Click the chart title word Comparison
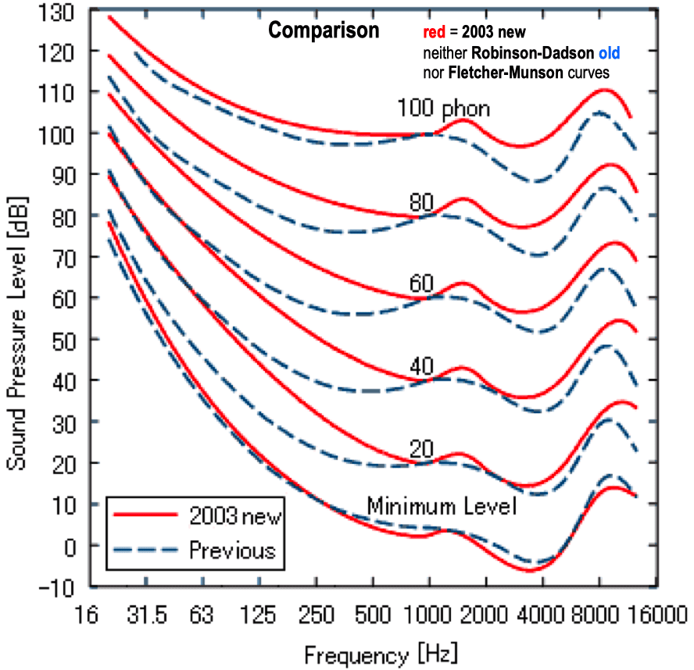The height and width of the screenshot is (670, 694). click(x=324, y=31)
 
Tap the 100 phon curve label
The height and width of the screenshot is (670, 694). click(x=444, y=109)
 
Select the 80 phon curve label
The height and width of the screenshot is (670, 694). click(x=420, y=203)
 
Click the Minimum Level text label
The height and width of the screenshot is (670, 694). click(x=442, y=507)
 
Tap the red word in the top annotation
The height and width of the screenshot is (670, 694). click(x=423, y=34)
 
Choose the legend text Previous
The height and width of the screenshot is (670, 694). click(x=232, y=551)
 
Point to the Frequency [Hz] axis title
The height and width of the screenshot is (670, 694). click(x=381, y=652)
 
